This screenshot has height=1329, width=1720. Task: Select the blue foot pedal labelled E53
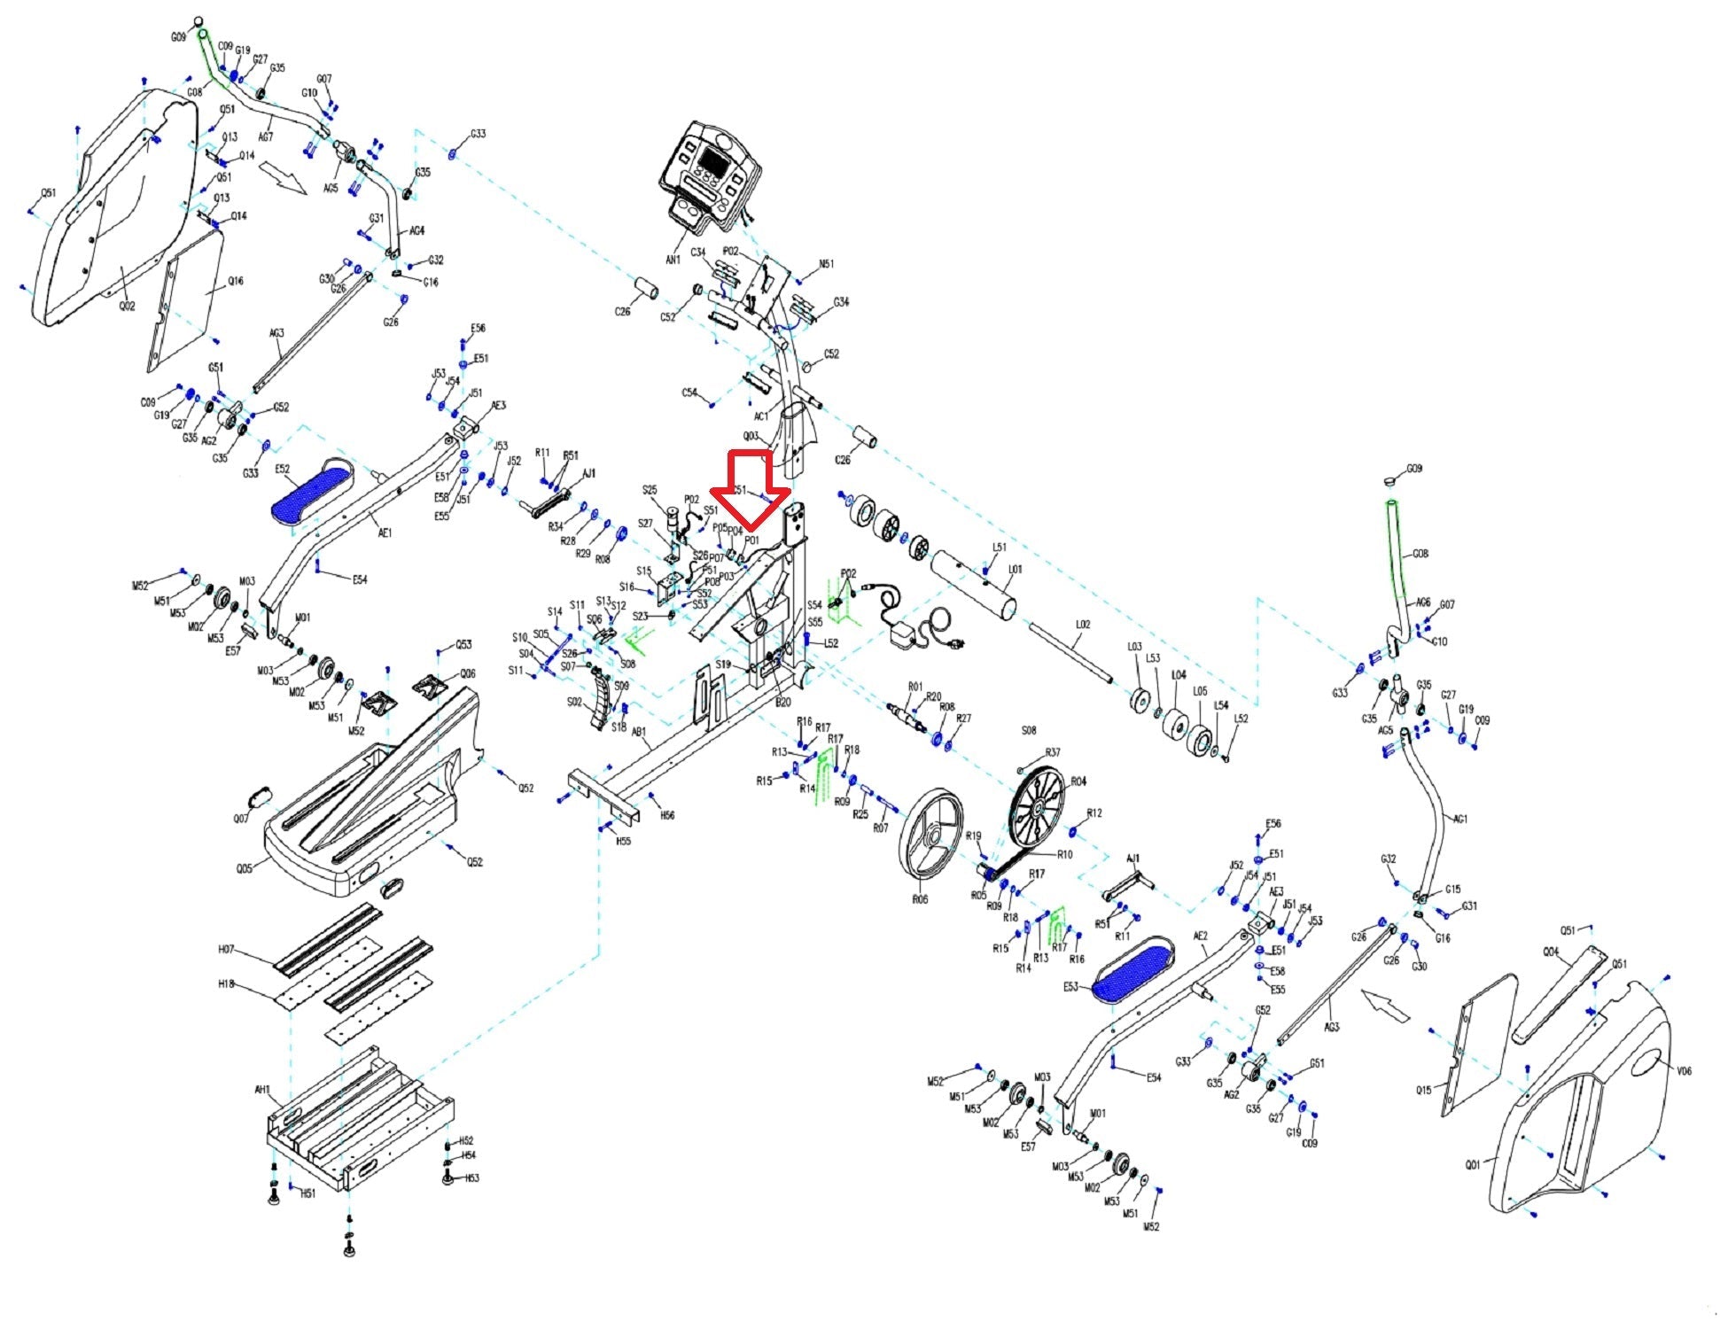click(x=1131, y=969)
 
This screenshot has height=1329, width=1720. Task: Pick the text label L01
click(x=1015, y=569)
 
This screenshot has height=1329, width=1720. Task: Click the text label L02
click(x=1082, y=625)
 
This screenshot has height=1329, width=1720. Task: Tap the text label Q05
click(x=244, y=867)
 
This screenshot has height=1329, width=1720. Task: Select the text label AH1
click(x=262, y=1090)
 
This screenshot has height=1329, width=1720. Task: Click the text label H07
click(x=226, y=949)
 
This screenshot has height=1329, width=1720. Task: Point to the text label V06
click(x=1684, y=1071)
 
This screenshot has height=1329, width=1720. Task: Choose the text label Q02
click(x=128, y=306)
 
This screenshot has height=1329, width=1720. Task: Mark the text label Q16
click(x=235, y=281)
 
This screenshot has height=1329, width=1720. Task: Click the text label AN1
click(x=673, y=260)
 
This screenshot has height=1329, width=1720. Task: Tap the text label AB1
click(x=638, y=732)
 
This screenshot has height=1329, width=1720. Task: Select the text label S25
click(x=650, y=490)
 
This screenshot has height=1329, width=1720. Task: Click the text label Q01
click(x=1472, y=1165)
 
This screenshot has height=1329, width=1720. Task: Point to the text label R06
click(x=919, y=898)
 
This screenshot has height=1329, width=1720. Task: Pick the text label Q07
click(x=241, y=819)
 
